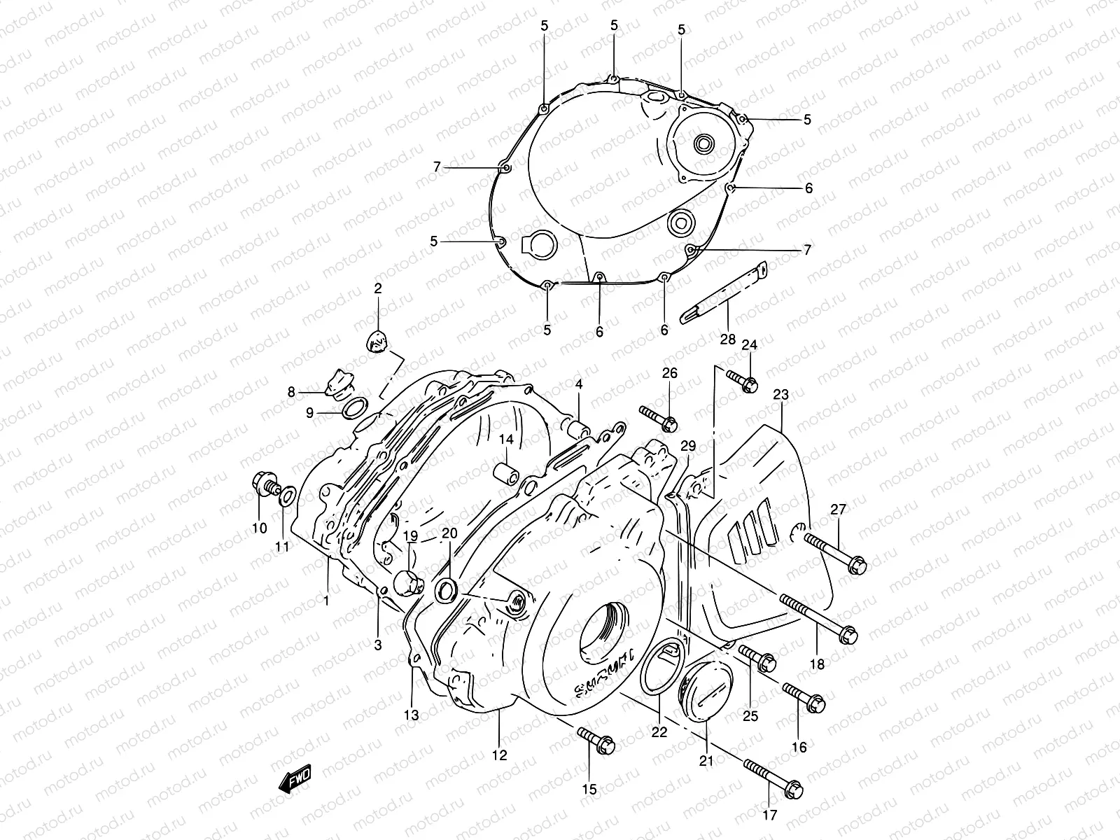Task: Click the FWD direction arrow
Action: click(295, 781)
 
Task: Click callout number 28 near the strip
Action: click(728, 339)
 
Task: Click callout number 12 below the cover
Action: click(499, 755)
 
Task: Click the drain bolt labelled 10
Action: click(265, 484)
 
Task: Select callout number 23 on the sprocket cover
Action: click(780, 395)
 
